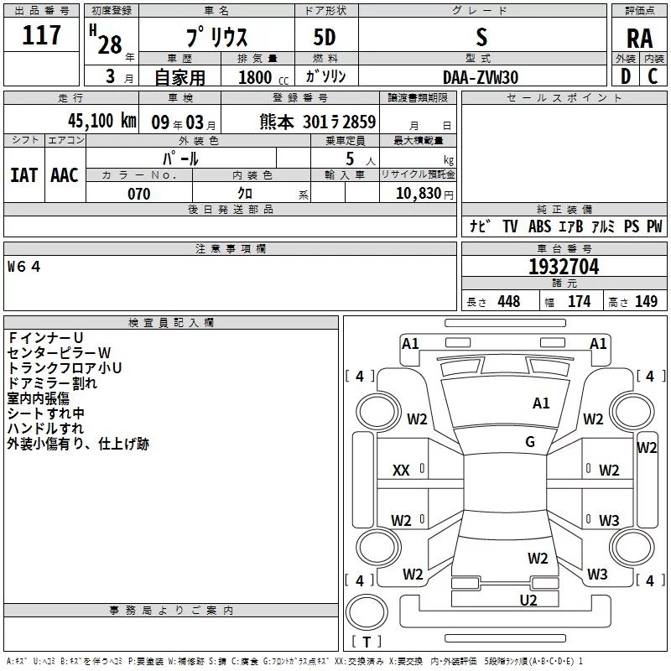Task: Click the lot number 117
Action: tap(43, 35)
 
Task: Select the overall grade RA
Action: tap(639, 39)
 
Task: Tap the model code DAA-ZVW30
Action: tap(481, 76)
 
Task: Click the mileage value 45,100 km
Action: tap(96, 121)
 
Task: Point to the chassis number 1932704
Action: tap(564, 267)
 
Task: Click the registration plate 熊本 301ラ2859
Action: tap(317, 122)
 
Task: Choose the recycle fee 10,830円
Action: tap(418, 194)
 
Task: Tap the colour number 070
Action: tap(138, 194)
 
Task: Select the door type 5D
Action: tap(325, 38)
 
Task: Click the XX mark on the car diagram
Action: tap(401, 471)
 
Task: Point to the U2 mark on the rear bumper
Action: tap(528, 600)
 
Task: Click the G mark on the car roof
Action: tap(530, 441)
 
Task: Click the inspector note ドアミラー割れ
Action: tap(52, 383)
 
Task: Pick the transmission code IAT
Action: tap(23, 174)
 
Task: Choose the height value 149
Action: tap(646, 302)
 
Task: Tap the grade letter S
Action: tap(481, 37)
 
